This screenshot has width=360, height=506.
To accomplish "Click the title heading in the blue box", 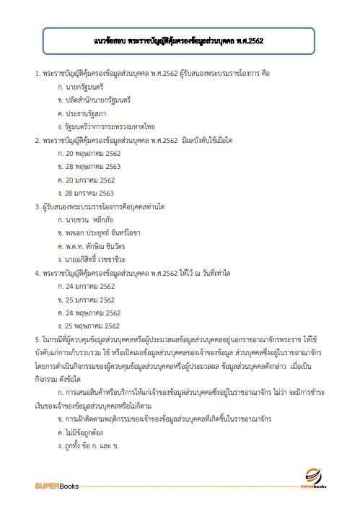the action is (x=179, y=40).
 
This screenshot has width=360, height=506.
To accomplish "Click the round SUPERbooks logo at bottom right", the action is (x=315, y=476).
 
